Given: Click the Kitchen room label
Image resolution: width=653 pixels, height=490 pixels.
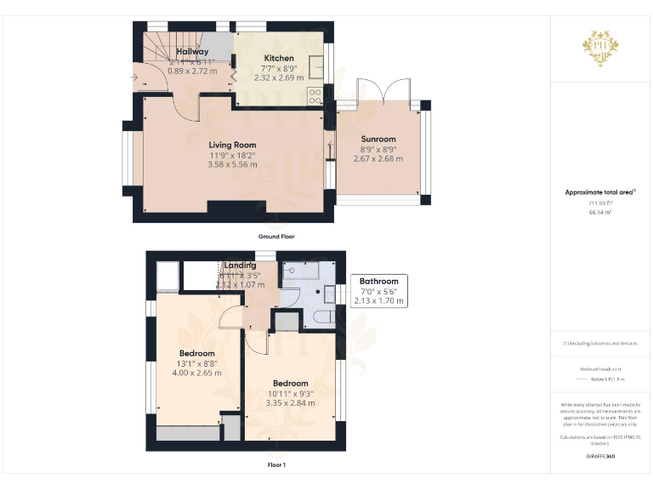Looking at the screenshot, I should (279, 59).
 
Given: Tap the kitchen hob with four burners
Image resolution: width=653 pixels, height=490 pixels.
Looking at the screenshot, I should (315, 95).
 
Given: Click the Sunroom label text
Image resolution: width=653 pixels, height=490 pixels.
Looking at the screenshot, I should (378, 140).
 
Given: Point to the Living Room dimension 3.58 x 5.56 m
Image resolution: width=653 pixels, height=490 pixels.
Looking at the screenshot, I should (232, 164).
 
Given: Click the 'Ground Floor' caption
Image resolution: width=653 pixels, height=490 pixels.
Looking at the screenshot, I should (276, 236).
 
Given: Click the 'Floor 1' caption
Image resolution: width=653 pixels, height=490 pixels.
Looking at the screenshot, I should (276, 464).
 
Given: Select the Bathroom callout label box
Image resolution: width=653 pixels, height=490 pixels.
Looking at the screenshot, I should (379, 291).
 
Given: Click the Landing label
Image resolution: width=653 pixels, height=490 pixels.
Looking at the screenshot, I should (241, 265).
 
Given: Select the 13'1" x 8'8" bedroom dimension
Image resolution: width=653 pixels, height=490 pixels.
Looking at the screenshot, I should (196, 363).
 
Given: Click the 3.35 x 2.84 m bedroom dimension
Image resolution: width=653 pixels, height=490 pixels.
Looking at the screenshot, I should (290, 402).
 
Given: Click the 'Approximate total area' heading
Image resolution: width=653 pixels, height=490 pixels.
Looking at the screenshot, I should (600, 192).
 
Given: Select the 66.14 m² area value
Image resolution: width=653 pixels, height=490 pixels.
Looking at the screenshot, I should (600, 212).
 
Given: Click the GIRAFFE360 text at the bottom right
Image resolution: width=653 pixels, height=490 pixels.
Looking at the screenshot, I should (600, 457).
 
